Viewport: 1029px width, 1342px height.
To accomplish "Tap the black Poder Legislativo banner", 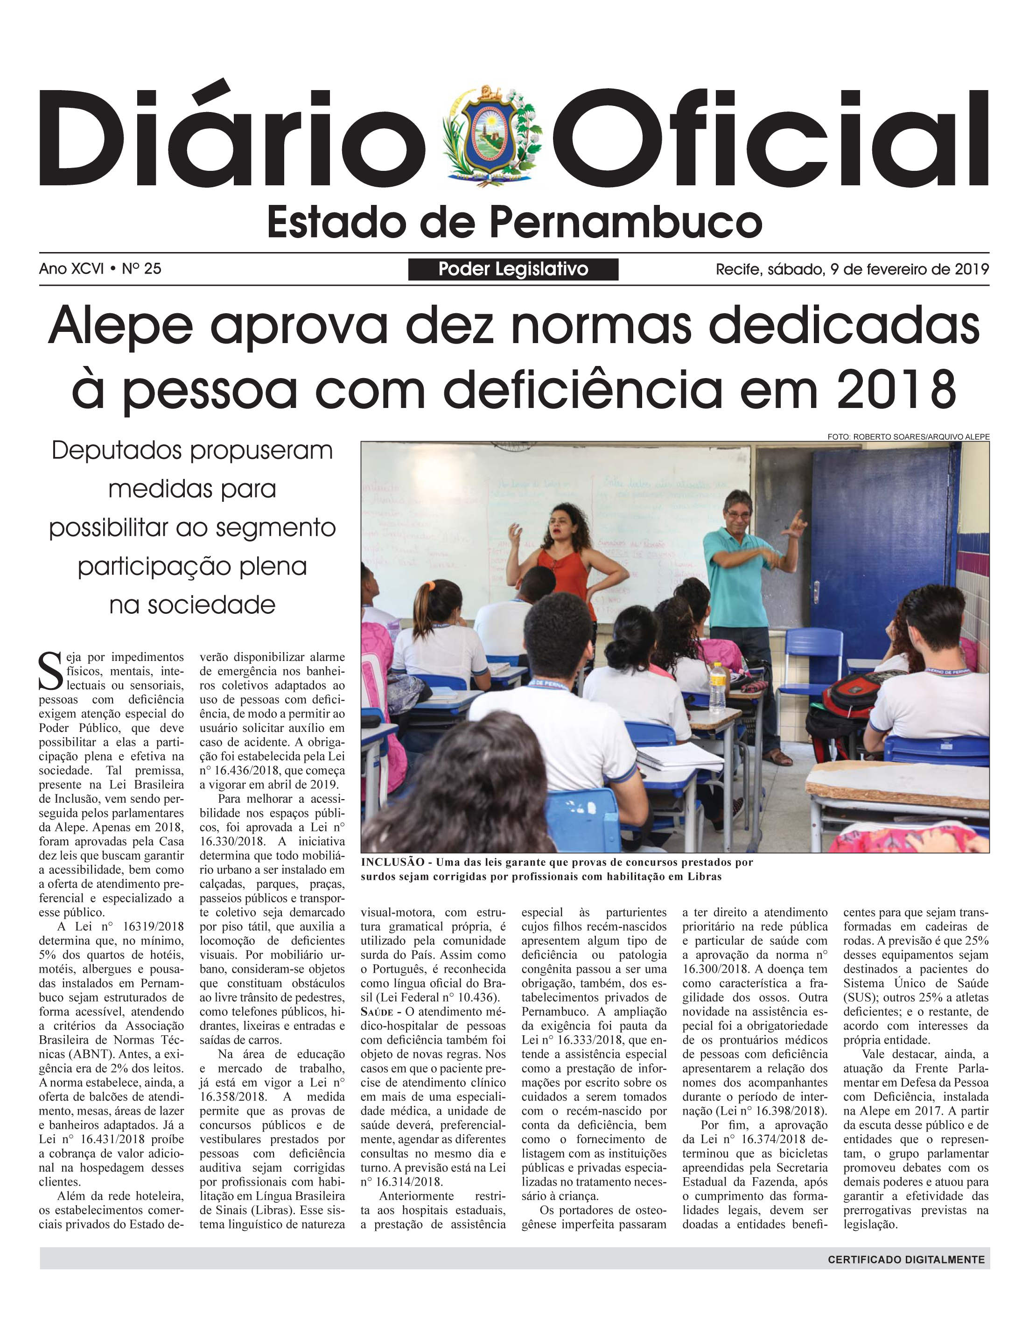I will point(513,269).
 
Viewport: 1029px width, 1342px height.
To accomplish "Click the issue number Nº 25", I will point(141,268).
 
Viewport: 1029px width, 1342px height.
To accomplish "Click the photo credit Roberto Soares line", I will point(908,437).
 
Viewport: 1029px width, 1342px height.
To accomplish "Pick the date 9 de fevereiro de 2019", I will point(910,269).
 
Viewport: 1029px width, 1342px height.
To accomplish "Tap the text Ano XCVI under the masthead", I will point(71,268).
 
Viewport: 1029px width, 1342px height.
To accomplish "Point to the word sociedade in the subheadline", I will point(192,604).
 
